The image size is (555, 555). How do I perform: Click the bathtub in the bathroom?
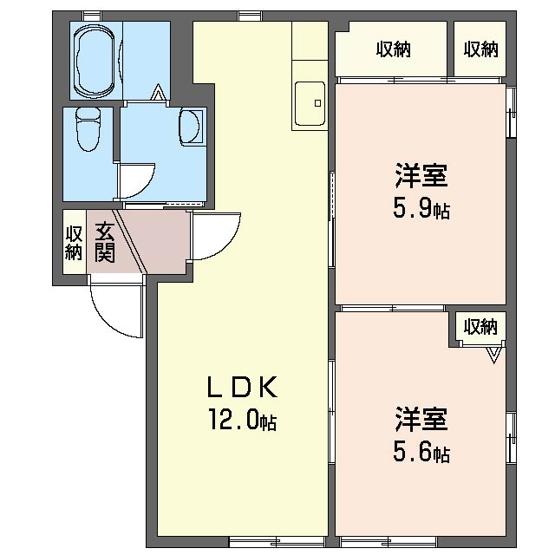95,61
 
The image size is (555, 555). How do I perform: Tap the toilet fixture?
88,129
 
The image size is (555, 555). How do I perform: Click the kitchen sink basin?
310,104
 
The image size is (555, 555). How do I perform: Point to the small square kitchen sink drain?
318,103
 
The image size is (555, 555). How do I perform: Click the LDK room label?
242,387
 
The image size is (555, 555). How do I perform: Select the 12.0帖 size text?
242,420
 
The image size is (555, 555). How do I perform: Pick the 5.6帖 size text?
421,452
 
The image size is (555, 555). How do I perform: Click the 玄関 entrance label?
105,243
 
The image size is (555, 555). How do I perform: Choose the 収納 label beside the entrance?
74,243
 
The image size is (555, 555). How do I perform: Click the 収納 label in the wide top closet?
393,49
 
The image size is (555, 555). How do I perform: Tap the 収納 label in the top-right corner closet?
480,49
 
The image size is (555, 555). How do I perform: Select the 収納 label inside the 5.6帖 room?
480,326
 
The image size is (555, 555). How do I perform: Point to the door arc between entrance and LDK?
229,245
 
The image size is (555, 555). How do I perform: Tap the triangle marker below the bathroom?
158,92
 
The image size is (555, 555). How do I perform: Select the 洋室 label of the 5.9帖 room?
421,175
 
